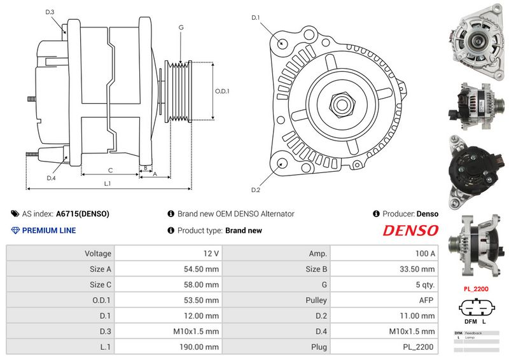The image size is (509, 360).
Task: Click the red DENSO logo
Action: coord(410,230)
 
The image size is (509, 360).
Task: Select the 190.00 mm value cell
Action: coord(168,347)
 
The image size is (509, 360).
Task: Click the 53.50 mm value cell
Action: coord(168,300)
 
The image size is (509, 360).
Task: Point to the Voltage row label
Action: coord(60,253)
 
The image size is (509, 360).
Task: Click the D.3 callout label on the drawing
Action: coord(50,12)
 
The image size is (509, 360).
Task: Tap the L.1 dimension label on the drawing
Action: coord(108,184)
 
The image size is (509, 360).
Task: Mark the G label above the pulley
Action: coord(181,27)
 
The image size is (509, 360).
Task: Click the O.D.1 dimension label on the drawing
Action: coord(222,91)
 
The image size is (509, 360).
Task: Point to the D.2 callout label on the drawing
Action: coord(256,190)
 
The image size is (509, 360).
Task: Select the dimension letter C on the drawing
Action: coord(110,170)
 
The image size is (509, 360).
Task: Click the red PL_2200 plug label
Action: coord(475,288)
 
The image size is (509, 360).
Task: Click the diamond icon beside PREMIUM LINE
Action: coord(15,230)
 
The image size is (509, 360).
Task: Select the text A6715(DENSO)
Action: coord(83,214)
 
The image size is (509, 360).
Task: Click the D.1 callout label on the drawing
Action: coord(256,18)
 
